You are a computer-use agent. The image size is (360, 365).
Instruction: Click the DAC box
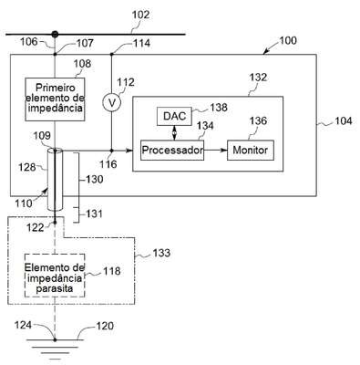click(174, 116)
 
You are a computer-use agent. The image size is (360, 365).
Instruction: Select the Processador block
click(172, 150)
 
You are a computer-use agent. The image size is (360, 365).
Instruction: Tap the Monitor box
click(251, 150)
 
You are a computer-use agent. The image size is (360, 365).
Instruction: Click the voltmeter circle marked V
click(112, 103)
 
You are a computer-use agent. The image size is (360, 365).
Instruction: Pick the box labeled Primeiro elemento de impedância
click(55, 99)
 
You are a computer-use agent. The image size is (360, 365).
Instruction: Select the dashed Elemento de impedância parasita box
click(55, 276)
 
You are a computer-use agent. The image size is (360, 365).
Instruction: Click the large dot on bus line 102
click(55, 35)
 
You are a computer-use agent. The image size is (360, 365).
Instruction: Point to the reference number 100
click(288, 40)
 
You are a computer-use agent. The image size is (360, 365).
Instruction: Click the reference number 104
click(344, 121)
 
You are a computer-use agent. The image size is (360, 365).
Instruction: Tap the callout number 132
click(258, 78)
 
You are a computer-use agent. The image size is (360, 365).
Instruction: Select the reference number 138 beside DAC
click(219, 108)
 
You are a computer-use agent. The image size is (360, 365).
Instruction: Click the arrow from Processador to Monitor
click(216, 150)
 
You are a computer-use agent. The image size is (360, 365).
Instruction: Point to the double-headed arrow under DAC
click(174, 133)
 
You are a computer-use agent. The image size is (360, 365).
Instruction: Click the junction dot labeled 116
click(111, 151)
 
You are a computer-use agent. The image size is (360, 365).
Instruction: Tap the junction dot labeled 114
click(111, 55)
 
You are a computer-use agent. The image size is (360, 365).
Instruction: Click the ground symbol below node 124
click(55, 347)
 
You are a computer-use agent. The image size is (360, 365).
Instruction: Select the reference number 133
click(161, 253)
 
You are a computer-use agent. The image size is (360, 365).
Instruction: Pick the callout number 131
click(94, 214)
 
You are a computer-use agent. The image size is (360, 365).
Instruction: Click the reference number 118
click(112, 271)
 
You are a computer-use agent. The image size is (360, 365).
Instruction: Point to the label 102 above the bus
click(140, 15)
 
